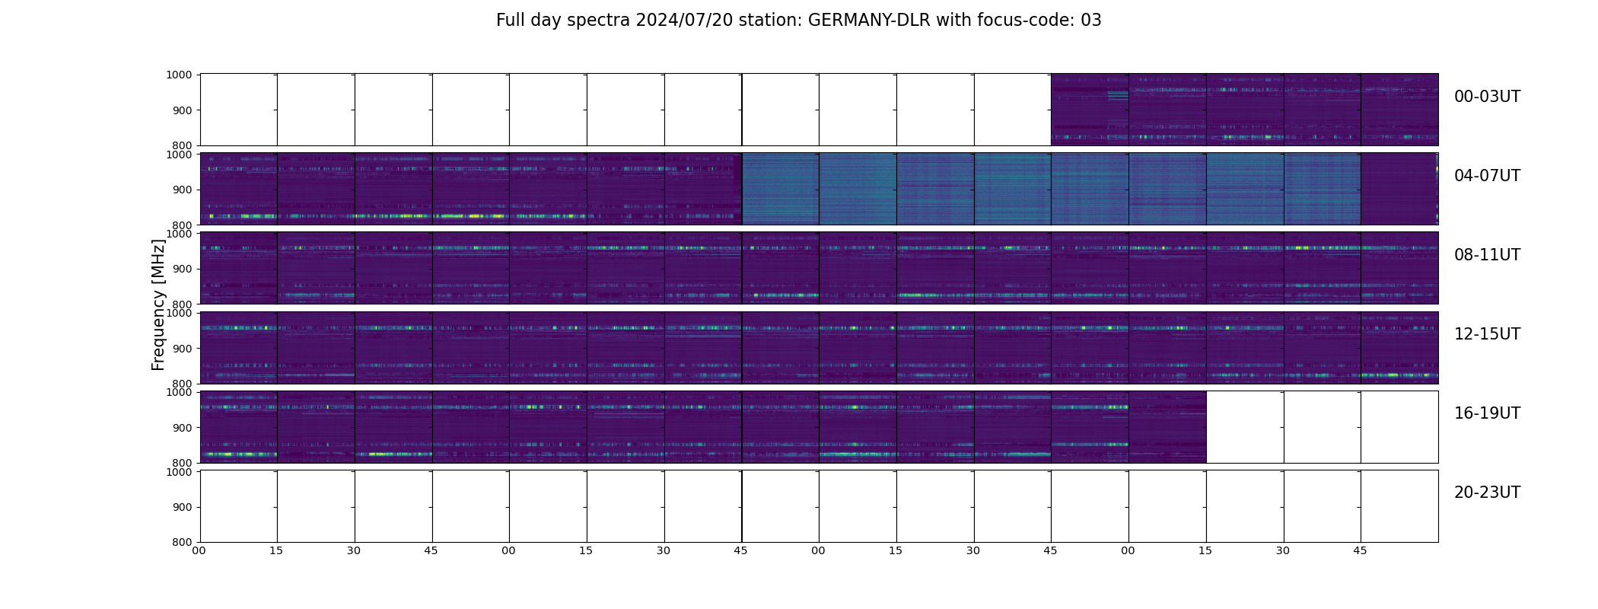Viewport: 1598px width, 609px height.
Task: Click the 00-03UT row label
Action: pyautogui.click(x=1486, y=97)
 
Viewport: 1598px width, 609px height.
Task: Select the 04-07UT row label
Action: pyautogui.click(x=1486, y=176)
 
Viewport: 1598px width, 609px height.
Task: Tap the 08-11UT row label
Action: pyautogui.click(x=1486, y=255)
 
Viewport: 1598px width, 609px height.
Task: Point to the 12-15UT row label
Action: pyautogui.click(x=1486, y=334)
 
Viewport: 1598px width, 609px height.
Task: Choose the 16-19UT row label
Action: pyautogui.click(x=1486, y=413)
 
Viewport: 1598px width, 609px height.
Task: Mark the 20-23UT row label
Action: pyautogui.click(x=1486, y=493)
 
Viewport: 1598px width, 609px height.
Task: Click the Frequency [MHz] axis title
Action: pyautogui.click(x=158, y=304)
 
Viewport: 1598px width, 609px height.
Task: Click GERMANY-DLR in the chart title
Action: pyautogui.click(x=869, y=21)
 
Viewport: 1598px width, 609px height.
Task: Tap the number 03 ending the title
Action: pyautogui.click(x=1090, y=21)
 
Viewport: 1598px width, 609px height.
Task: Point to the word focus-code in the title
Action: pyautogui.click(x=1020, y=21)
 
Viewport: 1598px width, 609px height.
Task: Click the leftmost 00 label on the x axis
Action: pyautogui.click(x=199, y=550)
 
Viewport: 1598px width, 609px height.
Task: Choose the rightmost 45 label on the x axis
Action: pyautogui.click(x=1360, y=550)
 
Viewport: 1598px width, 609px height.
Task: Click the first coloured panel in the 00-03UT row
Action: pyautogui.click(x=1090, y=110)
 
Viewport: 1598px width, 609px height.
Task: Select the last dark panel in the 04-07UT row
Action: pyautogui.click(x=1399, y=189)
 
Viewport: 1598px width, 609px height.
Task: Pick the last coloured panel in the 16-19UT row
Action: pyautogui.click(x=1167, y=427)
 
